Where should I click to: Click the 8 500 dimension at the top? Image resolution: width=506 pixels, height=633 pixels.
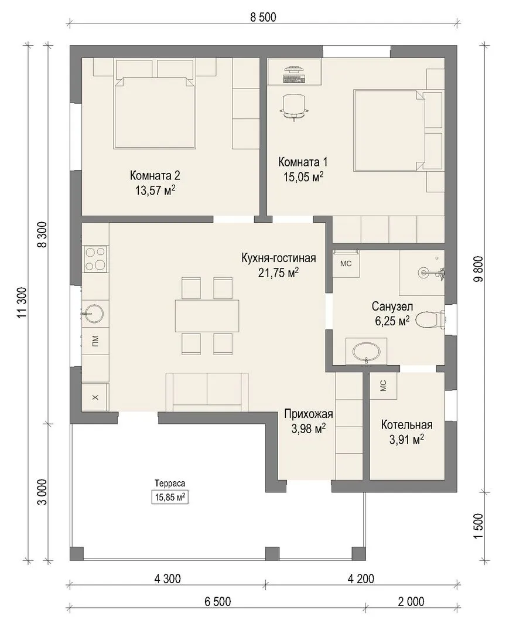(x=263, y=18)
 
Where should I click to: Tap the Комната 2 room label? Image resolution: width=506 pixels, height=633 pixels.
(x=155, y=176)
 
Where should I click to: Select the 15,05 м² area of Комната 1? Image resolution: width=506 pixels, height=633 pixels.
(x=303, y=177)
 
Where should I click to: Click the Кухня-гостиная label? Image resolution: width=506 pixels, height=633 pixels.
(x=278, y=258)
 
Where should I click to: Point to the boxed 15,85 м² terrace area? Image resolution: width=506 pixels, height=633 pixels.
(x=170, y=497)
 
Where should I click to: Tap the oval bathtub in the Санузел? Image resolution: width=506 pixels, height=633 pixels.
(x=366, y=352)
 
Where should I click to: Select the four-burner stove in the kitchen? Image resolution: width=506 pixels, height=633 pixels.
(x=95, y=259)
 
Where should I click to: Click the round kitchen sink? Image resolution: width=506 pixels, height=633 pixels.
(x=94, y=313)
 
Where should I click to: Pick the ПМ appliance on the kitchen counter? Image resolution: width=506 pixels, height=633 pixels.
(x=95, y=341)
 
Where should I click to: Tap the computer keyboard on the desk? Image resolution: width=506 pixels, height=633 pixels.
(x=294, y=79)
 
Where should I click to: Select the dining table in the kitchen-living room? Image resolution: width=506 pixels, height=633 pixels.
(x=207, y=316)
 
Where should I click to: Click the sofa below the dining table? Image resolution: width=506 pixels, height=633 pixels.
(x=207, y=392)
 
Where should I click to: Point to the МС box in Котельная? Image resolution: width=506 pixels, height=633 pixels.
(x=384, y=386)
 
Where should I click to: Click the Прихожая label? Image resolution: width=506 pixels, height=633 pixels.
(x=309, y=414)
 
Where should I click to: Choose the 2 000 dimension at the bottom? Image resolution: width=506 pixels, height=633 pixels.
(x=411, y=602)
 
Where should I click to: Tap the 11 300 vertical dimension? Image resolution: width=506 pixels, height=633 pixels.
(x=22, y=302)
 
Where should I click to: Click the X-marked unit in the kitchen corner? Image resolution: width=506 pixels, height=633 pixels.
(x=95, y=397)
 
